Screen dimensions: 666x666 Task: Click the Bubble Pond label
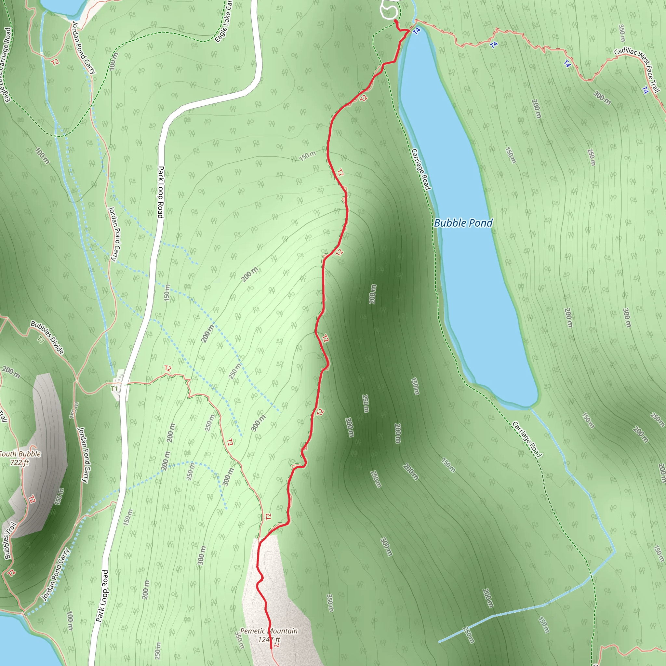463,223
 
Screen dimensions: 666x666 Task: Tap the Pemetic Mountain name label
269,631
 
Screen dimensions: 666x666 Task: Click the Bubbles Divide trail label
47,338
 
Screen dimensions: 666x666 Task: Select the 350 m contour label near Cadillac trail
621,33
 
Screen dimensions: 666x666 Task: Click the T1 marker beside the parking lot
114,389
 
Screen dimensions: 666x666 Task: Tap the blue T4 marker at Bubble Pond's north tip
417,31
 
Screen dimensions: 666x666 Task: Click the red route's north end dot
395,21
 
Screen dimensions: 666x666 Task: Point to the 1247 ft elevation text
269,640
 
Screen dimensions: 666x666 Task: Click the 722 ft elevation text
20,463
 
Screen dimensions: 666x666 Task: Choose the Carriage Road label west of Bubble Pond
421,169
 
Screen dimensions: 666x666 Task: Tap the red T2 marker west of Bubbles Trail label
11,573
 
